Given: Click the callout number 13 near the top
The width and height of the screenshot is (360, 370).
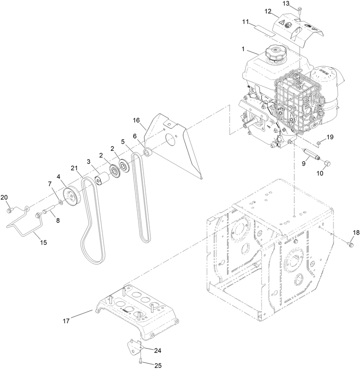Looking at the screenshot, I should tap(299, 4).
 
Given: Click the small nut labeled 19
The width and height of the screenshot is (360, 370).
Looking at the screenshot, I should tap(319, 143).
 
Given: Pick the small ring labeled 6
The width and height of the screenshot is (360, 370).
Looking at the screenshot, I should tap(147, 153).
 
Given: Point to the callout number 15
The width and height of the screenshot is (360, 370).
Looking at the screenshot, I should tap(44, 243).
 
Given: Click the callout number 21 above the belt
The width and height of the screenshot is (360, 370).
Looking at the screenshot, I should tap(74, 168).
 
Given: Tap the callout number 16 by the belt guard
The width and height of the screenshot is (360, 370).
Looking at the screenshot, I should tap(137, 120).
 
